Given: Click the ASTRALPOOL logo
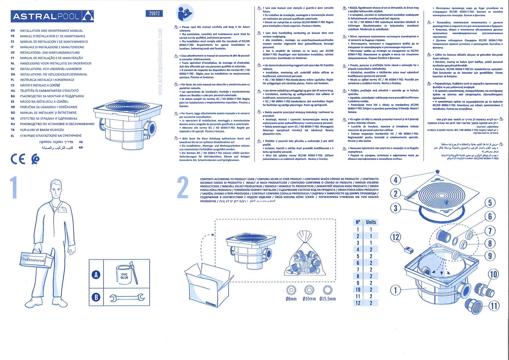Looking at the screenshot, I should point(52,16).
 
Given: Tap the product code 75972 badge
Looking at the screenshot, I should point(154,13).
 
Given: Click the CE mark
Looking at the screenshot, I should point(18,159).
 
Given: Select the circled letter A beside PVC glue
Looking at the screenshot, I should point(96,275).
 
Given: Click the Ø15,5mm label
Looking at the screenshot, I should point(327,299).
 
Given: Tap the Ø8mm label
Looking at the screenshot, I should point(291,299).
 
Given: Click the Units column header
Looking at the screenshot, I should point(371,222).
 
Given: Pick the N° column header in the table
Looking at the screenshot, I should point(358,222).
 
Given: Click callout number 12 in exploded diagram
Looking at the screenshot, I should point(396,237).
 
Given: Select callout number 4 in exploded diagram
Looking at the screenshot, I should point(396,180).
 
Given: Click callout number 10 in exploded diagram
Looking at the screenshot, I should point(493,274).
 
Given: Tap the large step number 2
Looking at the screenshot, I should point(183,188).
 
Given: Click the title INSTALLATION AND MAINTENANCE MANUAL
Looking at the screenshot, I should point(52,31).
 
